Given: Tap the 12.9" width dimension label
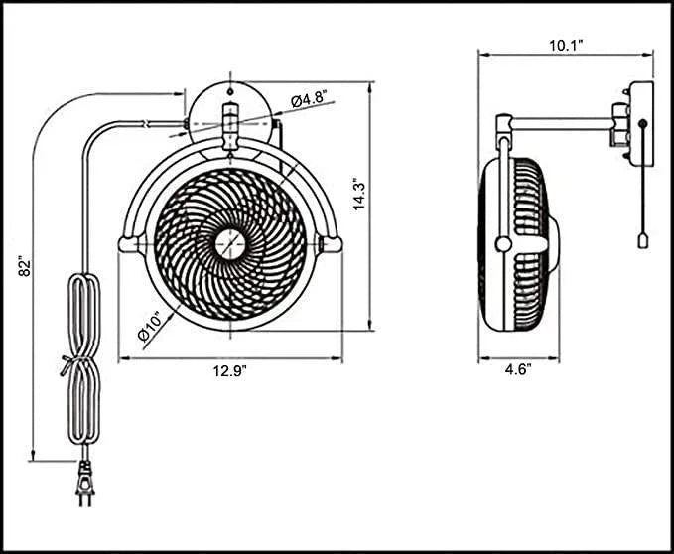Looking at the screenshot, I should point(229,370).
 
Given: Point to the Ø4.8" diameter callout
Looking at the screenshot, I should point(311,99).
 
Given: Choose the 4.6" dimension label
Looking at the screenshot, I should point(517,370).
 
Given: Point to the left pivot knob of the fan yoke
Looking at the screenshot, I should point(128,243).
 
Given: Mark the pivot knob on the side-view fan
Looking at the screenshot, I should point(503,243).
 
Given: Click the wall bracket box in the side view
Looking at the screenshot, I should point(637,125).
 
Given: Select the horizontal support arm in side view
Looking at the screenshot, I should point(561,124).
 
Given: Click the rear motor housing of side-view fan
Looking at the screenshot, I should point(549,243).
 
